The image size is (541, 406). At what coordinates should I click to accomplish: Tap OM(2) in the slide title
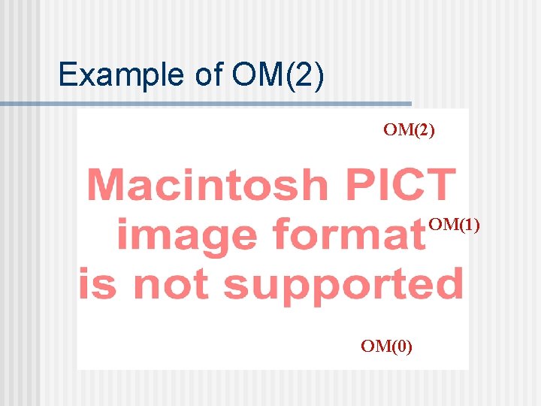tap(279, 75)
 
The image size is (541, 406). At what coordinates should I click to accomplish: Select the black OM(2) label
tap(409, 130)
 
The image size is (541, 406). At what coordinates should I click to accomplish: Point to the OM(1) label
tap(454, 224)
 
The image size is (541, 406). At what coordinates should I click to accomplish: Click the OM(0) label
tap(386, 346)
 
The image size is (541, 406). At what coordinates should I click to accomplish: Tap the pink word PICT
tap(402, 185)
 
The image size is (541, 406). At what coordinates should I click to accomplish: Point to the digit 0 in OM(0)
tap(398, 346)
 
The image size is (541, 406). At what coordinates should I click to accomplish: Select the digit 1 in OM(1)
tap(467, 224)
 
